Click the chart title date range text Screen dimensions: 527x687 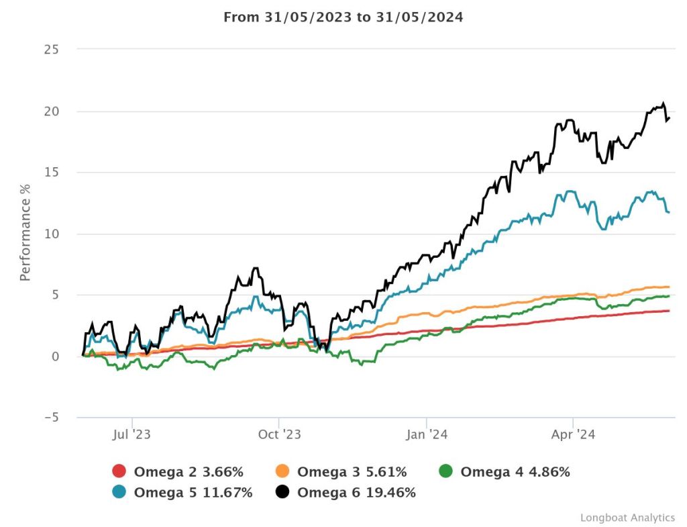point(343,17)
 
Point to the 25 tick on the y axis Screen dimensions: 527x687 point(52,50)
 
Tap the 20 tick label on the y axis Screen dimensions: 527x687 point(52,111)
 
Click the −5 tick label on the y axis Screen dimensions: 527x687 point(50,418)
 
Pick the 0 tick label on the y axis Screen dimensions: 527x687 point(56,356)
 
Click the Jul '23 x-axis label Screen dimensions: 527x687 point(132,434)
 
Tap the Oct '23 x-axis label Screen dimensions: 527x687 point(279,434)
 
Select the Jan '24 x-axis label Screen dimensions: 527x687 point(427,434)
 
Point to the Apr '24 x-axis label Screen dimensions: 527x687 point(572,434)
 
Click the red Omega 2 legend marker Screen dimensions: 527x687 point(119,472)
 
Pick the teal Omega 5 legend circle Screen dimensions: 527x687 point(119,493)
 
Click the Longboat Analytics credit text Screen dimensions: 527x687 point(627,518)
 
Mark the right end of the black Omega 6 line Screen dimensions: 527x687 point(669,118)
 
